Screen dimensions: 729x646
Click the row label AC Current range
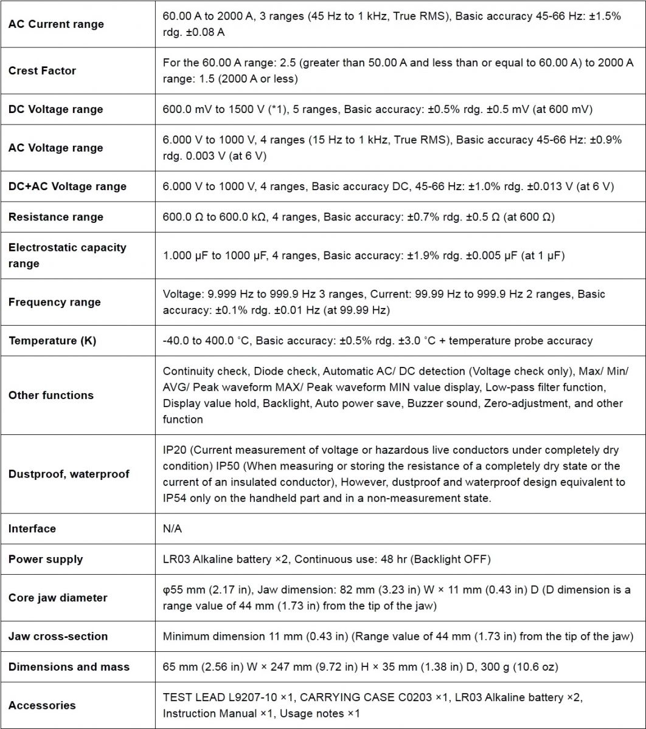56,24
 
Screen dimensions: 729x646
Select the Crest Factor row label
42,70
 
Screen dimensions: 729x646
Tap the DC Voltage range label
56,109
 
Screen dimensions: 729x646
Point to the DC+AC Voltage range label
68,187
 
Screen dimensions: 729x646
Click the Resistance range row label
56,217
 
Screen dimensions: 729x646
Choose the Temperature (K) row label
52,341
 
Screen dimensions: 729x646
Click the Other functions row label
51,395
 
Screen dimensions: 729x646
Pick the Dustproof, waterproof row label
69,474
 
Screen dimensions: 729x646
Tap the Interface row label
32,529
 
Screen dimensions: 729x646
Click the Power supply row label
46,560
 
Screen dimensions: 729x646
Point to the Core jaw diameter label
58,598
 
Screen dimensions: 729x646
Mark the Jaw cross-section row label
58,636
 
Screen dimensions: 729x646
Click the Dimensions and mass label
69,667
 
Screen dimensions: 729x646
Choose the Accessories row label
42,705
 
